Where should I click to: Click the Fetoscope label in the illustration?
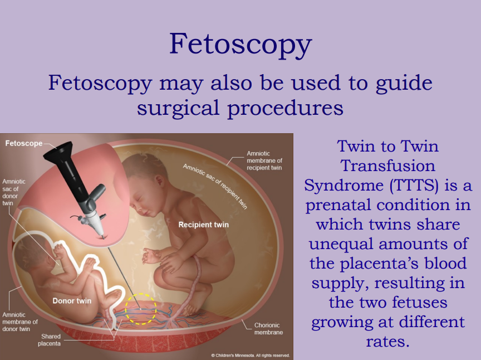pos(24,143)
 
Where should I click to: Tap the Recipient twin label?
pos(203,225)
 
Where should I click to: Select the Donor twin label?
pos(72,301)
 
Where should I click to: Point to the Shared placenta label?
pos(50,340)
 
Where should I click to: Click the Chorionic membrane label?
pos(268,329)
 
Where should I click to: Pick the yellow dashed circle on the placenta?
pos(140,309)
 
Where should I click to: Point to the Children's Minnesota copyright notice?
pos(250,355)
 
